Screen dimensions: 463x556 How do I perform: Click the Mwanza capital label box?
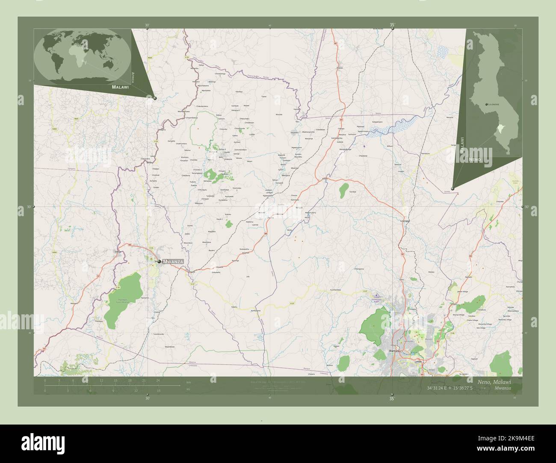tap(174, 261)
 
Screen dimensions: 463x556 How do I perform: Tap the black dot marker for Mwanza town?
tap(159, 261)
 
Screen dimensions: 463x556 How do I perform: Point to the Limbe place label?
tap(418, 361)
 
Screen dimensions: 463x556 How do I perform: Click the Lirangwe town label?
tap(405, 221)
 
